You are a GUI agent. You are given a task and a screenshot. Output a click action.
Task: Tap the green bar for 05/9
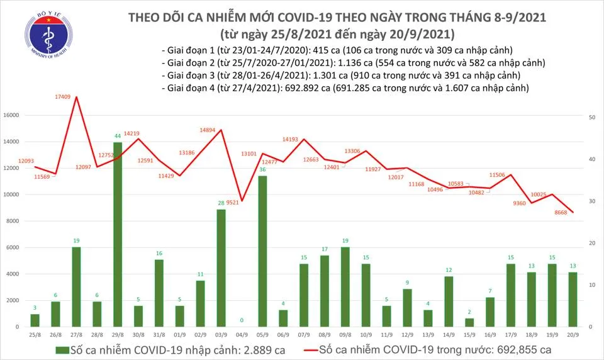(262, 250)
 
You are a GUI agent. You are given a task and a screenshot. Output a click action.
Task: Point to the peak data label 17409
(64, 97)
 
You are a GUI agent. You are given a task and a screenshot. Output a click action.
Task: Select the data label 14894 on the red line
(208, 130)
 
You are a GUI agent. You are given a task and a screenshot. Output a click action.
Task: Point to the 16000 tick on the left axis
(18, 116)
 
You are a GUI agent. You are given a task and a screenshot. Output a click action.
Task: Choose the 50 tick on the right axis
(592, 118)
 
